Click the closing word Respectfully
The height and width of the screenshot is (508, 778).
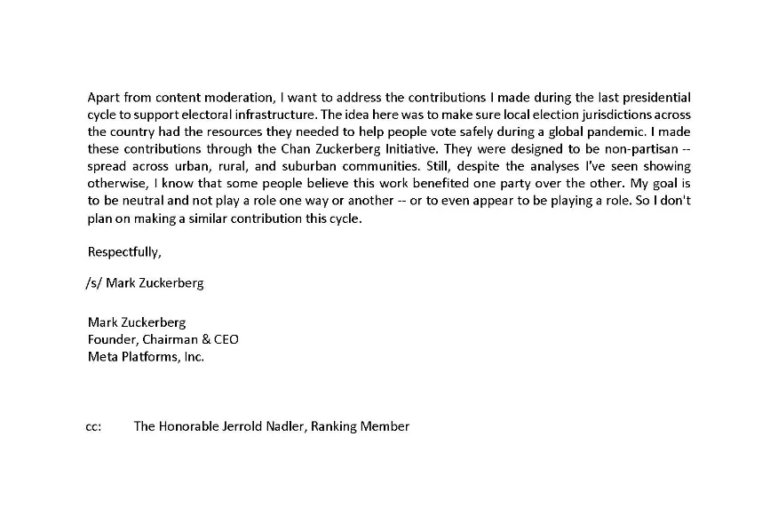pos(124,251)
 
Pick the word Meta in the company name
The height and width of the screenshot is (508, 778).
pos(102,357)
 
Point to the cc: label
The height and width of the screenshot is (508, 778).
pos(93,426)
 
